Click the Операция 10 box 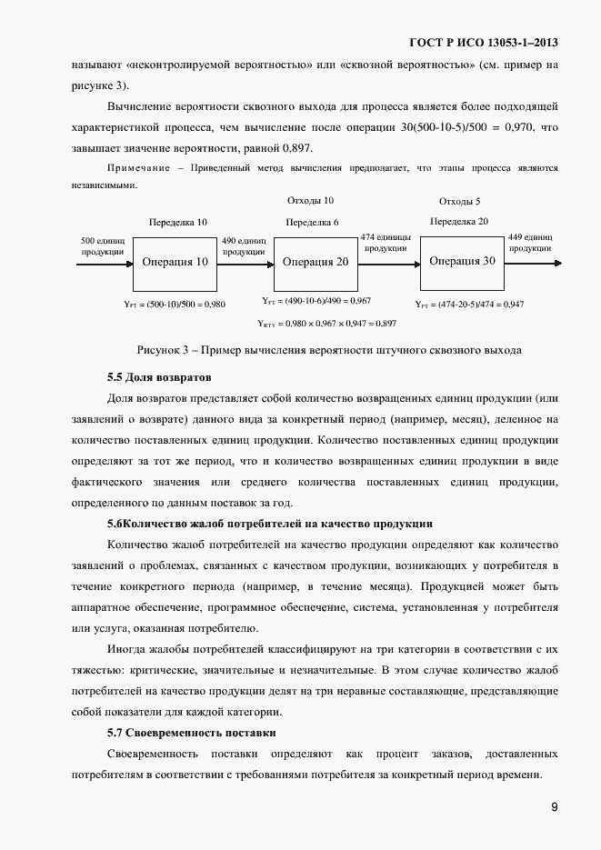[175, 262]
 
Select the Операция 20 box [315, 262]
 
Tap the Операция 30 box [462, 261]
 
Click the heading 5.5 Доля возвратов [159, 376]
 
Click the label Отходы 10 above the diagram [310, 200]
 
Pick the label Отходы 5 [459, 201]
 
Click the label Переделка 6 [312, 222]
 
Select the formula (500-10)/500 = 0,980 [174, 305]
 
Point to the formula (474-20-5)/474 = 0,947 [469, 305]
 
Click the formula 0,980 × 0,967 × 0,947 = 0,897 [326, 323]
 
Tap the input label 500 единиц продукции [103, 245]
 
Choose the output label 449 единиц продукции [531, 241]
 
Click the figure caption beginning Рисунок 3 [329, 350]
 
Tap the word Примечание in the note [137, 169]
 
